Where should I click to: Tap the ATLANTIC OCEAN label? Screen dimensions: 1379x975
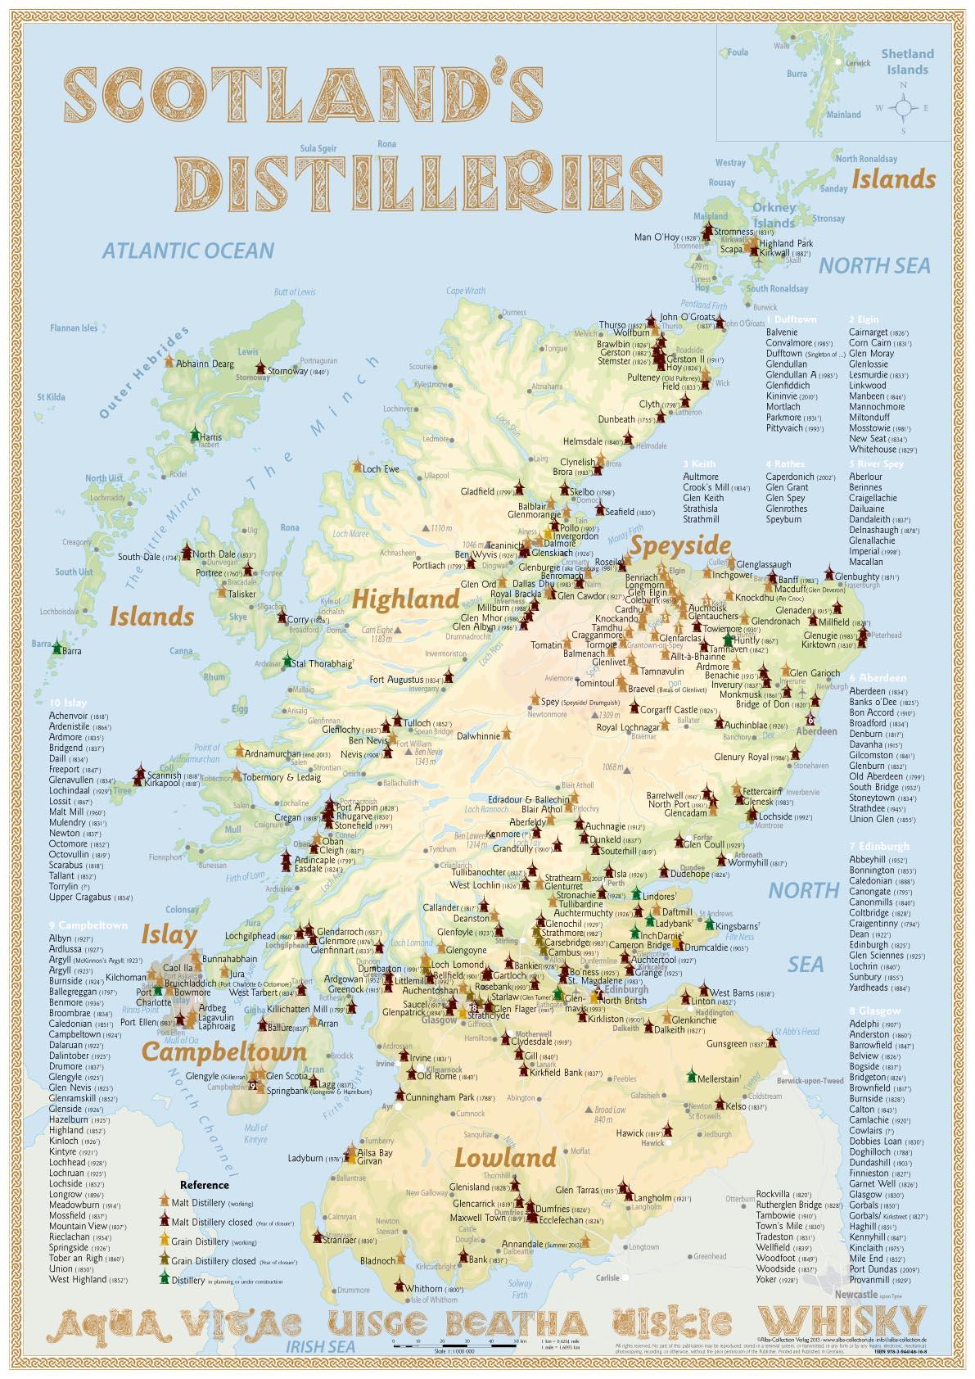coord(187,250)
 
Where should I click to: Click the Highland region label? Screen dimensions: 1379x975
coord(405,599)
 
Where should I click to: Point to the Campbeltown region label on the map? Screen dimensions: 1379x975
coord(212,1051)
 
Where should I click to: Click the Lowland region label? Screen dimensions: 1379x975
coord(505,1157)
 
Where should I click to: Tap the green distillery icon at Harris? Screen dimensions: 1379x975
coord(195,434)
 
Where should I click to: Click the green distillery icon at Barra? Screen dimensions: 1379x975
coord(56,648)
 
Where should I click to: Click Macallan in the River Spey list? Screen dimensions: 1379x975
coord(865,562)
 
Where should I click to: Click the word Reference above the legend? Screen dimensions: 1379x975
coord(204,1184)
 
